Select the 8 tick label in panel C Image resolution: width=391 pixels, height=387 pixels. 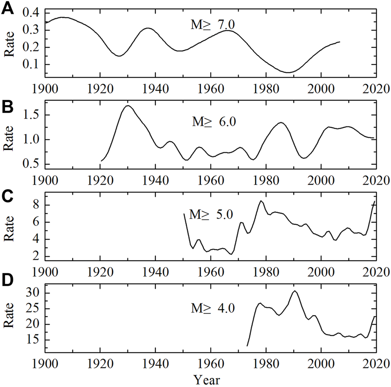(37, 205)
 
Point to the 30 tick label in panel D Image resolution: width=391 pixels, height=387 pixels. (34, 293)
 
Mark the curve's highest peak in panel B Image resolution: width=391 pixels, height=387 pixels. (128, 106)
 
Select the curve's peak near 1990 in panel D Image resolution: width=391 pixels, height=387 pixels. (295, 291)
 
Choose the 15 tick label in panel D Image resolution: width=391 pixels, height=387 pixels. (34, 340)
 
